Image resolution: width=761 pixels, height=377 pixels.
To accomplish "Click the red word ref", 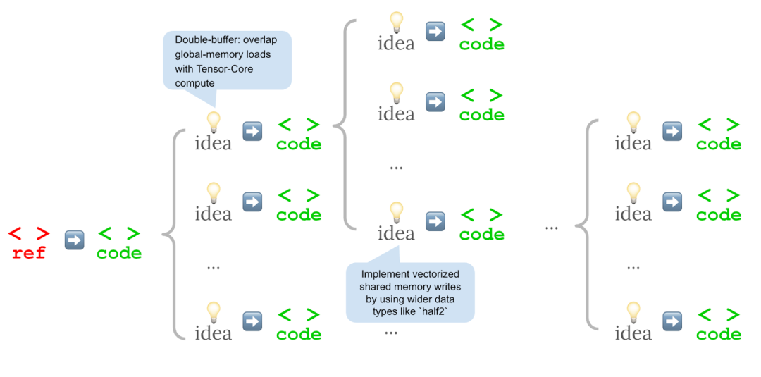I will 29,253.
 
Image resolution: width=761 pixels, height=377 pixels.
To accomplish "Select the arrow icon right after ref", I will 74,240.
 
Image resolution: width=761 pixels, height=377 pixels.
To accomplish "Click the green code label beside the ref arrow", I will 119,253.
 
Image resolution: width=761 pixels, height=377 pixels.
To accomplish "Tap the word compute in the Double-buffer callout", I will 195,83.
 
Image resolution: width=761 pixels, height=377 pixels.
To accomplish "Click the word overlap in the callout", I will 268,39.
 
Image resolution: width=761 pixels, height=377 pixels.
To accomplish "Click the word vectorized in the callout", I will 434,274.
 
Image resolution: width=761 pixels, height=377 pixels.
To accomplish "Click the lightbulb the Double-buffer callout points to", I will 213,121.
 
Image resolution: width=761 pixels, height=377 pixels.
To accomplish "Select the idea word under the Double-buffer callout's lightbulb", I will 213,143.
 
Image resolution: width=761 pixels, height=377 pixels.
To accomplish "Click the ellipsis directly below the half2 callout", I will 391,330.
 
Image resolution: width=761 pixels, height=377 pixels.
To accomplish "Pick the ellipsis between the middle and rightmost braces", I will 552,227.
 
